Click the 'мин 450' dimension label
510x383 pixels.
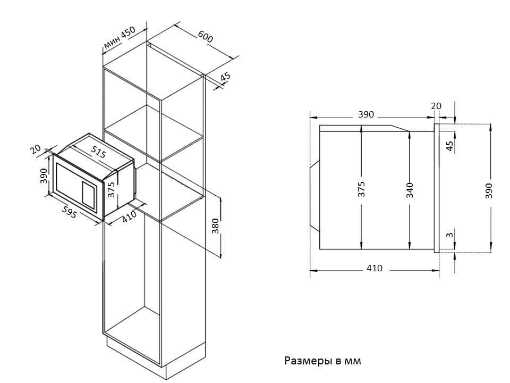120,38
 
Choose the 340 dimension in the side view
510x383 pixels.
410,190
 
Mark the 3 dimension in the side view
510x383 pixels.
449,235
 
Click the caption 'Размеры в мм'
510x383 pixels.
323,361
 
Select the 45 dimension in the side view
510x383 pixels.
449,146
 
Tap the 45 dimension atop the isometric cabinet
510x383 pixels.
225,77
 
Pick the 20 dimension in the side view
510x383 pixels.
436,106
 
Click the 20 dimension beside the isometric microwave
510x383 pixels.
36,150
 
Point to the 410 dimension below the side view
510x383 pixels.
374,268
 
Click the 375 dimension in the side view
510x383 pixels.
361,190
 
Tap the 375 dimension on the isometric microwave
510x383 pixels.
111,189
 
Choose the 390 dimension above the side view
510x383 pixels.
366,114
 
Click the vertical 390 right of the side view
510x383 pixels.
489,190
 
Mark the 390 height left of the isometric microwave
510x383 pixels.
44,176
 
